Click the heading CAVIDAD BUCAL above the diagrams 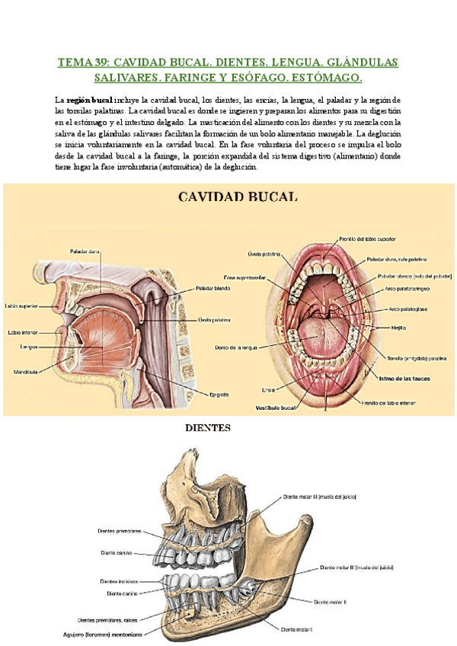[x=238, y=197]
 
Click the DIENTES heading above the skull [x=208, y=428]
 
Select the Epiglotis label [x=220, y=394]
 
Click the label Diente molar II [x=330, y=601]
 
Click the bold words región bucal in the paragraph [x=90, y=100]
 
